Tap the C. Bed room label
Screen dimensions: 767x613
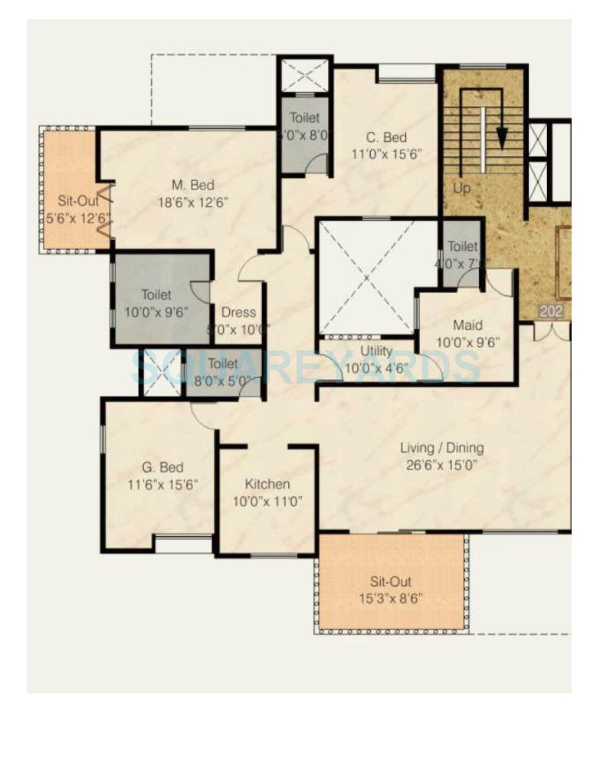click(385, 138)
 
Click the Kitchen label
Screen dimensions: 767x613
click(267, 484)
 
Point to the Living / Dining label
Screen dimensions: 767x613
click(442, 448)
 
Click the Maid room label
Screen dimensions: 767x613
click(467, 324)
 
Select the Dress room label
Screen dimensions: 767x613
click(238, 313)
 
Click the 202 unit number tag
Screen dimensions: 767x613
click(550, 311)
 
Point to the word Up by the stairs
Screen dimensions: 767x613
click(461, 188)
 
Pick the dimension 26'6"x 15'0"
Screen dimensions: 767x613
click(442, 465)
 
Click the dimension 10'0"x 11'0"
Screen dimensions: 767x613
click(267, 502)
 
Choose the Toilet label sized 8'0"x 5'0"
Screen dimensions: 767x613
click(223, 364)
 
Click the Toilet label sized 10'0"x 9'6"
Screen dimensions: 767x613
click(156, 295)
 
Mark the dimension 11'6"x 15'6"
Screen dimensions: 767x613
click(162, 485)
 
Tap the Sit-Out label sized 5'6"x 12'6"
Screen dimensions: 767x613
click(73, 201)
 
